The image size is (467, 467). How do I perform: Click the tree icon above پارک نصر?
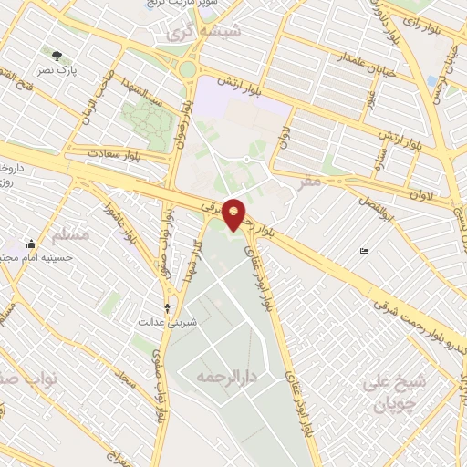[60, 55]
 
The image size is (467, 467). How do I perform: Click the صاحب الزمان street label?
[96, 95]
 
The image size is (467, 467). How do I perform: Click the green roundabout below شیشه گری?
[188, 70]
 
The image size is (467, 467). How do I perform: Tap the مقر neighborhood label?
[310, 182]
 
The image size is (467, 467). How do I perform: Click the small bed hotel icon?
[365, 252]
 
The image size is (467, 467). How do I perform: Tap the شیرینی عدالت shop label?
[155, 322]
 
